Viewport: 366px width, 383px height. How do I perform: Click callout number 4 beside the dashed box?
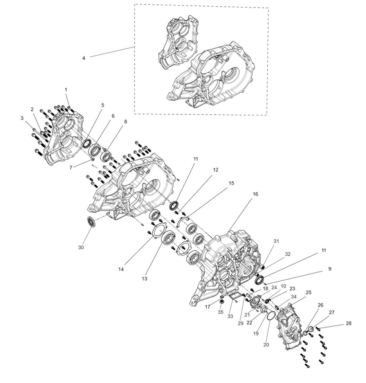click(x=84, y=58)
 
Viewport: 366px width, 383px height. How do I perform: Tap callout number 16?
click(x=256, y=194)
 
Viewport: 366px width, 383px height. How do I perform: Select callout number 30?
click(x=81, y=247)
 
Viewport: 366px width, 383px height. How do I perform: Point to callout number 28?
click(x=348, y=323)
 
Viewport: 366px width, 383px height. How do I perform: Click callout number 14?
click(x=122, y=269)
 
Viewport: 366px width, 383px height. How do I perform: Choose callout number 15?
click(x=231, y=183)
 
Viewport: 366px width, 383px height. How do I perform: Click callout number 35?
click(x=221, y=312)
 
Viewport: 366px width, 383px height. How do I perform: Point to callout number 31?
click(x=276, y=241)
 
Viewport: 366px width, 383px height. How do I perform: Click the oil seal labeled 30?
click(x=91, y=221)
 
